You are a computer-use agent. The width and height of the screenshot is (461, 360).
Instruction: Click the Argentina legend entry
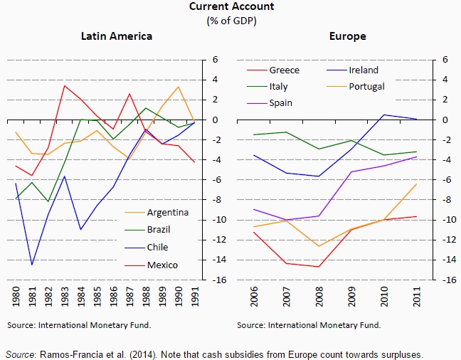point(167,212)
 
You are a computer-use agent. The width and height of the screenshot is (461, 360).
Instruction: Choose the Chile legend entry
point(158,248)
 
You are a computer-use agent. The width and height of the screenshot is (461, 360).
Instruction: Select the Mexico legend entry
point(161,265)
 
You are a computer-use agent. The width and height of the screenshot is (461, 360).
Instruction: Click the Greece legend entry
point(284,70)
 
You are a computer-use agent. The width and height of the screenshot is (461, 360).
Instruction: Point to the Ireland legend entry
point(363,70)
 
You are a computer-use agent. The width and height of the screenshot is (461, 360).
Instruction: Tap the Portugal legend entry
point(367,86)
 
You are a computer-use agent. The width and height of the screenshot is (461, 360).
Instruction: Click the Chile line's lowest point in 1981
point(31,265)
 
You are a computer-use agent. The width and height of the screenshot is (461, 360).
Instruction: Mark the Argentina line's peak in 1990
point(179,87)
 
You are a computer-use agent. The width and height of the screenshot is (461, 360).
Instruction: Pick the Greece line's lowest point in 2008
point(319,267)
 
